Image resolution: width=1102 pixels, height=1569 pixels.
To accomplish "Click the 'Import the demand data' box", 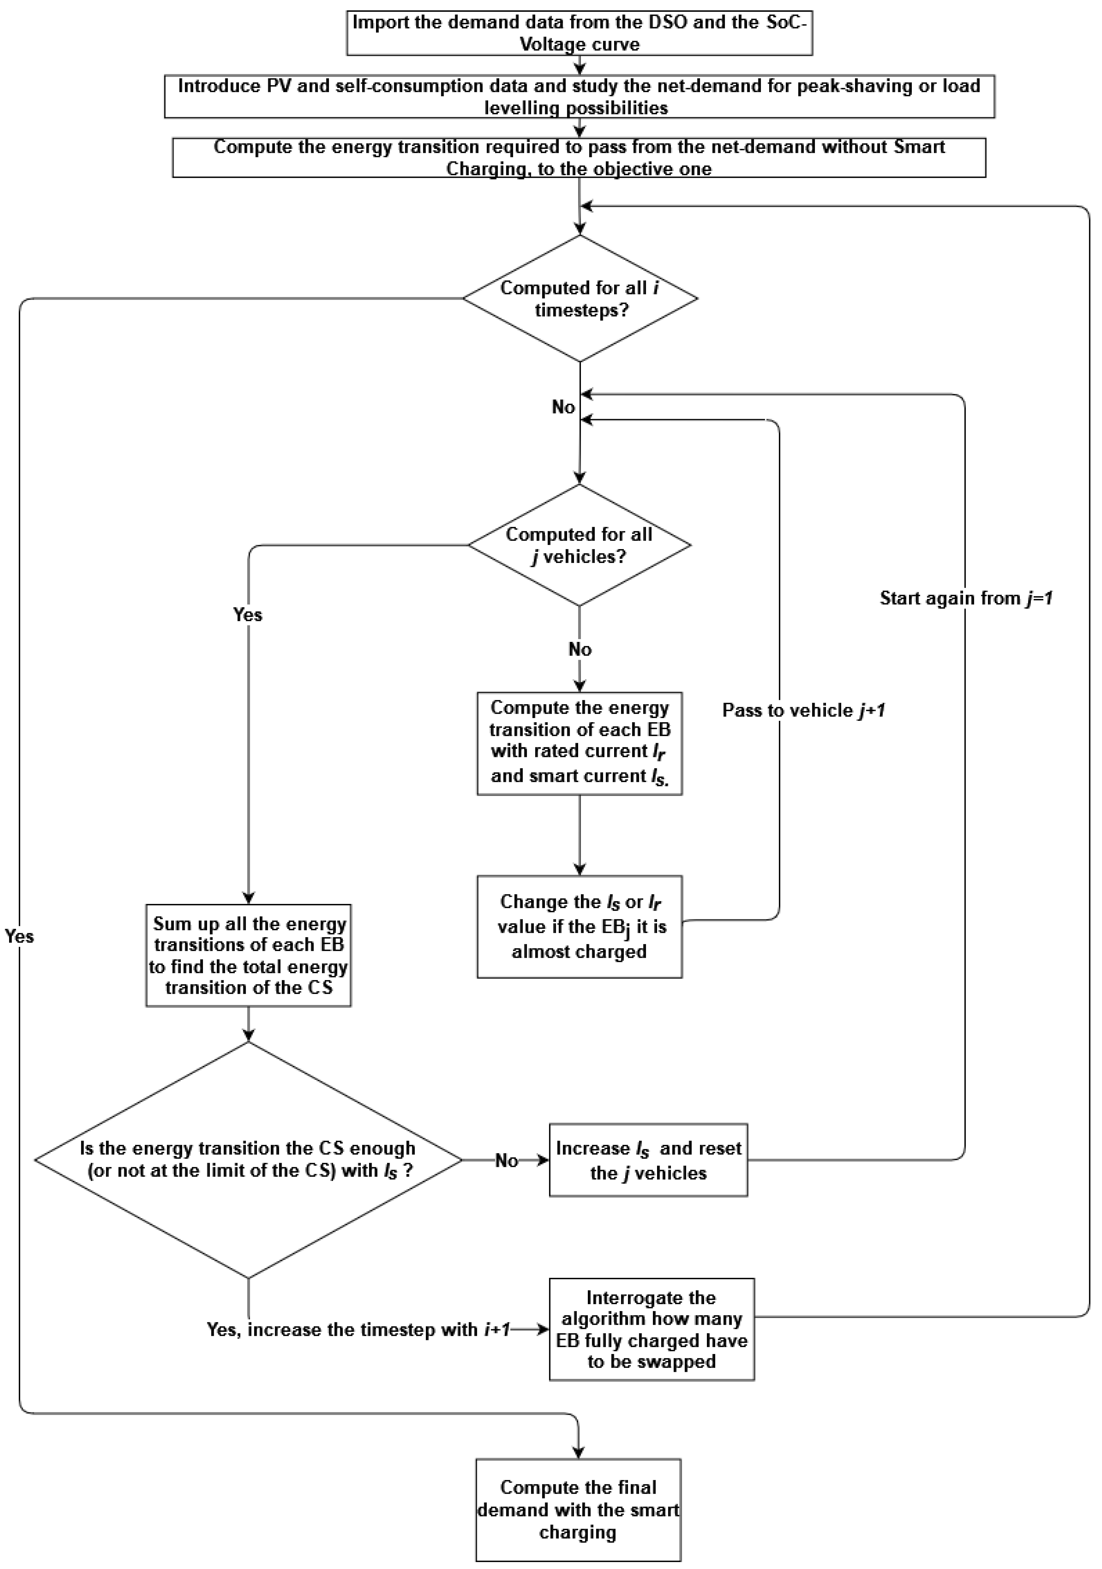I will point(579,33).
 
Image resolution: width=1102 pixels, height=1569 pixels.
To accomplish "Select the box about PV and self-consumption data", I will point(579,96).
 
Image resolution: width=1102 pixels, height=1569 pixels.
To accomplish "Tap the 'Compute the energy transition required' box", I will point(579,158).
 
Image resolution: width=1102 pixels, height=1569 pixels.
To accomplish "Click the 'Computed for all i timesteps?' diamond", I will point(579,299).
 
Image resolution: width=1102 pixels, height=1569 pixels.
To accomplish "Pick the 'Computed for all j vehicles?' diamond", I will point(579,545).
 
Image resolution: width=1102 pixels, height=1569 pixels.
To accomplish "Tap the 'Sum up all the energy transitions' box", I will point(248,955).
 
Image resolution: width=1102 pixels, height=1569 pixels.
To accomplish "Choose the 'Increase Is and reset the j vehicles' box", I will point(648,1160).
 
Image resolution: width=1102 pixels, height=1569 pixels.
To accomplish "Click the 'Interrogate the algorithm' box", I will point(652,1330).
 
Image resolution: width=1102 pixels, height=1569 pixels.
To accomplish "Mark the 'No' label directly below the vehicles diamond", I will point(579,649).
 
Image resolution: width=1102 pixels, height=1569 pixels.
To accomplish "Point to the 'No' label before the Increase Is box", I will point(506,1160).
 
